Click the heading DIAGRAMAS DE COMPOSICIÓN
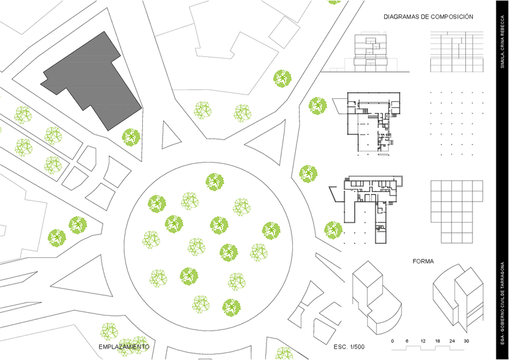click(x=429, y=17)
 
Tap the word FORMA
click(x=423, y=262)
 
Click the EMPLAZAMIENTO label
click(x=124, y=347)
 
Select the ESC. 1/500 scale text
click(x=349, y=347)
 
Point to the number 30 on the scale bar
click(x=466, y=341)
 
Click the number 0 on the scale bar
click(x=393, y=341)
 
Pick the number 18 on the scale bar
click(x=438, y=341)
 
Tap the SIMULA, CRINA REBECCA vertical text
click(x=502, y=44)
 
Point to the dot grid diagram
click(x=457, y=123)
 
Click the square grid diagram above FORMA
click(x=456, y=210)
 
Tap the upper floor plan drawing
click(x=372, y=123)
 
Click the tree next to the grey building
click(x=131, y=137)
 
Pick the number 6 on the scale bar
click(x=407, y=341)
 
